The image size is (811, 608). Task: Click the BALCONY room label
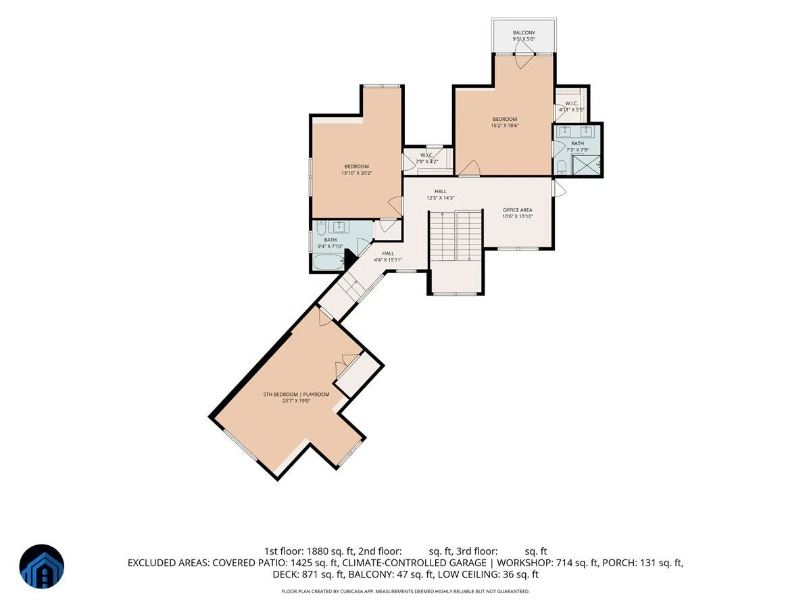(524, 33)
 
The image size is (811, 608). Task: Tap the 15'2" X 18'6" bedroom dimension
(505, 126)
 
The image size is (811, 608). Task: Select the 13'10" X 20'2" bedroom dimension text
(357, 173)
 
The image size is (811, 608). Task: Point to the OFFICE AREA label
(517, 210)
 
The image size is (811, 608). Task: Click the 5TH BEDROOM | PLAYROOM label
(296, 395)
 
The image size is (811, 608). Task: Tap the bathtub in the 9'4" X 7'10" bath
(328, 262)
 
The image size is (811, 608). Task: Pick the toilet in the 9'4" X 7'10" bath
(321, 228)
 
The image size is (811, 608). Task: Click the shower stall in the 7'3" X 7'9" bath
(586, 165)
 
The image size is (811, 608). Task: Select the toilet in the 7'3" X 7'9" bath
(561, 168)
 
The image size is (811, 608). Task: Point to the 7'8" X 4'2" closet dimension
(427, 161)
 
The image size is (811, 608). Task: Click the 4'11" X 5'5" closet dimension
(571, 109)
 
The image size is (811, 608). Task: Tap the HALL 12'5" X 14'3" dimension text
(441, 198)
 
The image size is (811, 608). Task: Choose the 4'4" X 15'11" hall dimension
(388, 260)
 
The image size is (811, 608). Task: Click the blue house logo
(42, 566)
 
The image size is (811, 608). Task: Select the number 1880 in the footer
(317, 551)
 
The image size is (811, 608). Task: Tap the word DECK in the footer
(286, 574)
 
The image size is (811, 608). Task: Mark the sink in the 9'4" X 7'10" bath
(339, 227)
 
